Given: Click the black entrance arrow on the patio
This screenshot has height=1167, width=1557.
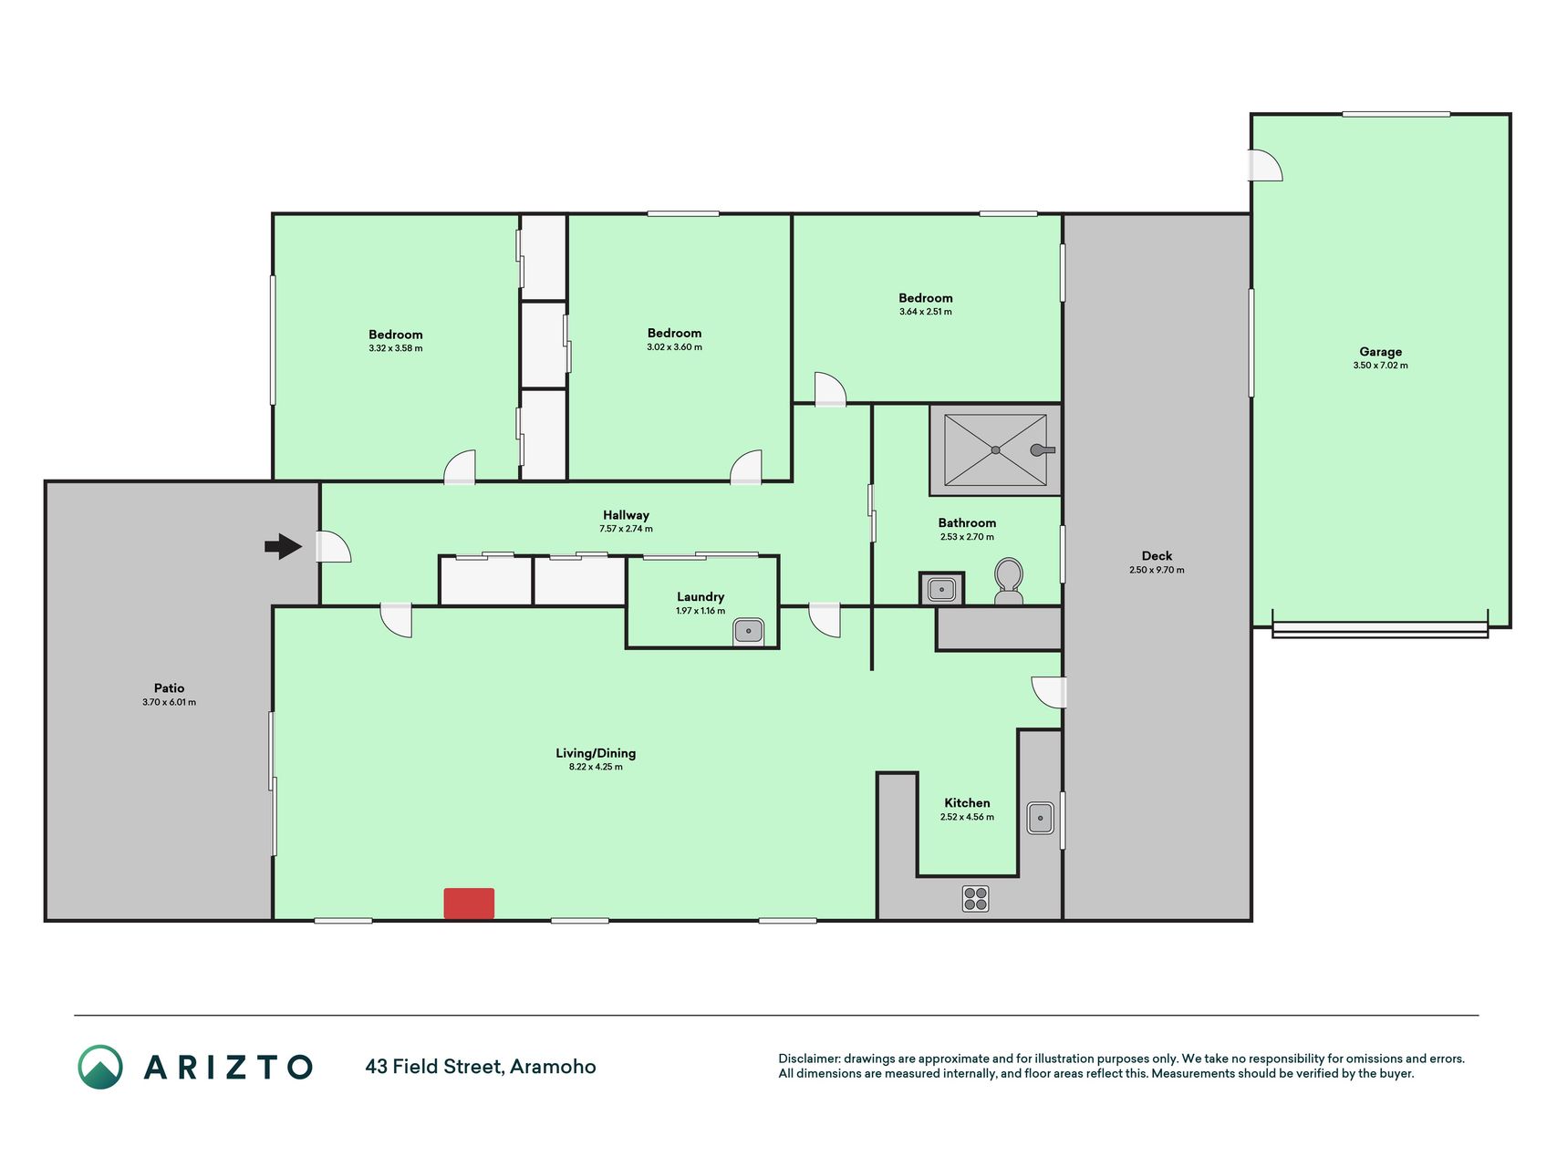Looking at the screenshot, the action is pyautogui.click(x=284, y=546).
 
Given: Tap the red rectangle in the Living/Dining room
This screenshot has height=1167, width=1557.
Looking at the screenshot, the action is pyautogui.click(x=469, y=903).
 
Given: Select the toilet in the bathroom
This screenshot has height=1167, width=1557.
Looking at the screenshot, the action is pyautogui.click(x=1008, y=582).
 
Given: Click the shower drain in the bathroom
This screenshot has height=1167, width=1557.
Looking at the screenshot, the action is pyautogui.click(x=995, y=450).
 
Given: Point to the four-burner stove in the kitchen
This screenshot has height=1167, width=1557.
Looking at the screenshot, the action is pyautogui.click(x=975, y=898).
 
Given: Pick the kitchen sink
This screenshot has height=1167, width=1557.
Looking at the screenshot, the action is pyautogui.click(x=1040, y=818).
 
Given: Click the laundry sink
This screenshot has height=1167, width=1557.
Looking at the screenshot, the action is pyautogui.click(x=748, y=630).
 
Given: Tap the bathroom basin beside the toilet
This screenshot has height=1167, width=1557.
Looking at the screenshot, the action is pyautogui.click(x=940, y=590).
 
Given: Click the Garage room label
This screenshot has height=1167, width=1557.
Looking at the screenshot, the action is pyautogui.click(x=1380, y=352).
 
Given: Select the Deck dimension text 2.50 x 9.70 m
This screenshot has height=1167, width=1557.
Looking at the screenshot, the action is pyautogui.click(x=1157, y=570).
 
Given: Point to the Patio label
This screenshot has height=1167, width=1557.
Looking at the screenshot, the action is pyautogui.click(x=169, y=688).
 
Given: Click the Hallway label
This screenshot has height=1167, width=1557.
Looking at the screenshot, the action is pyautogui.click(x=626, y=515).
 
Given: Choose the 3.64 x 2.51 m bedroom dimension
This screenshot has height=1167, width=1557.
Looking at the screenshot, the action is pyautogui.click(x=925, y=312).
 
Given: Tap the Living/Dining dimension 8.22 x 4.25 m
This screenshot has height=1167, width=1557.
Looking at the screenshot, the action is pyautogui.click(x=596, y=767).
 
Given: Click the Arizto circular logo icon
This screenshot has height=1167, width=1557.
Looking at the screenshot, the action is pyautogui.click(x=100, y=1067).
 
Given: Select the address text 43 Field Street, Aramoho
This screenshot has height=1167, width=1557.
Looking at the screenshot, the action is pyautogui.click(x=481, y=1067).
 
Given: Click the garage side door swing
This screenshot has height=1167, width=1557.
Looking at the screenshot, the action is pyautogui.click(x=1266, y=165).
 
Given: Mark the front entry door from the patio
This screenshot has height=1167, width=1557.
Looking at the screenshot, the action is pyautogui.click(x=333, y=546).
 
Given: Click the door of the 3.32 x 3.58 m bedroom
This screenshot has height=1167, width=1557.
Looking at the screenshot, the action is pyautogui.click(x=460, y=467).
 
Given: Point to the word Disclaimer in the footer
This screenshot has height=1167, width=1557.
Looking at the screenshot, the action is pyautogui.click(x=808, y=1059).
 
